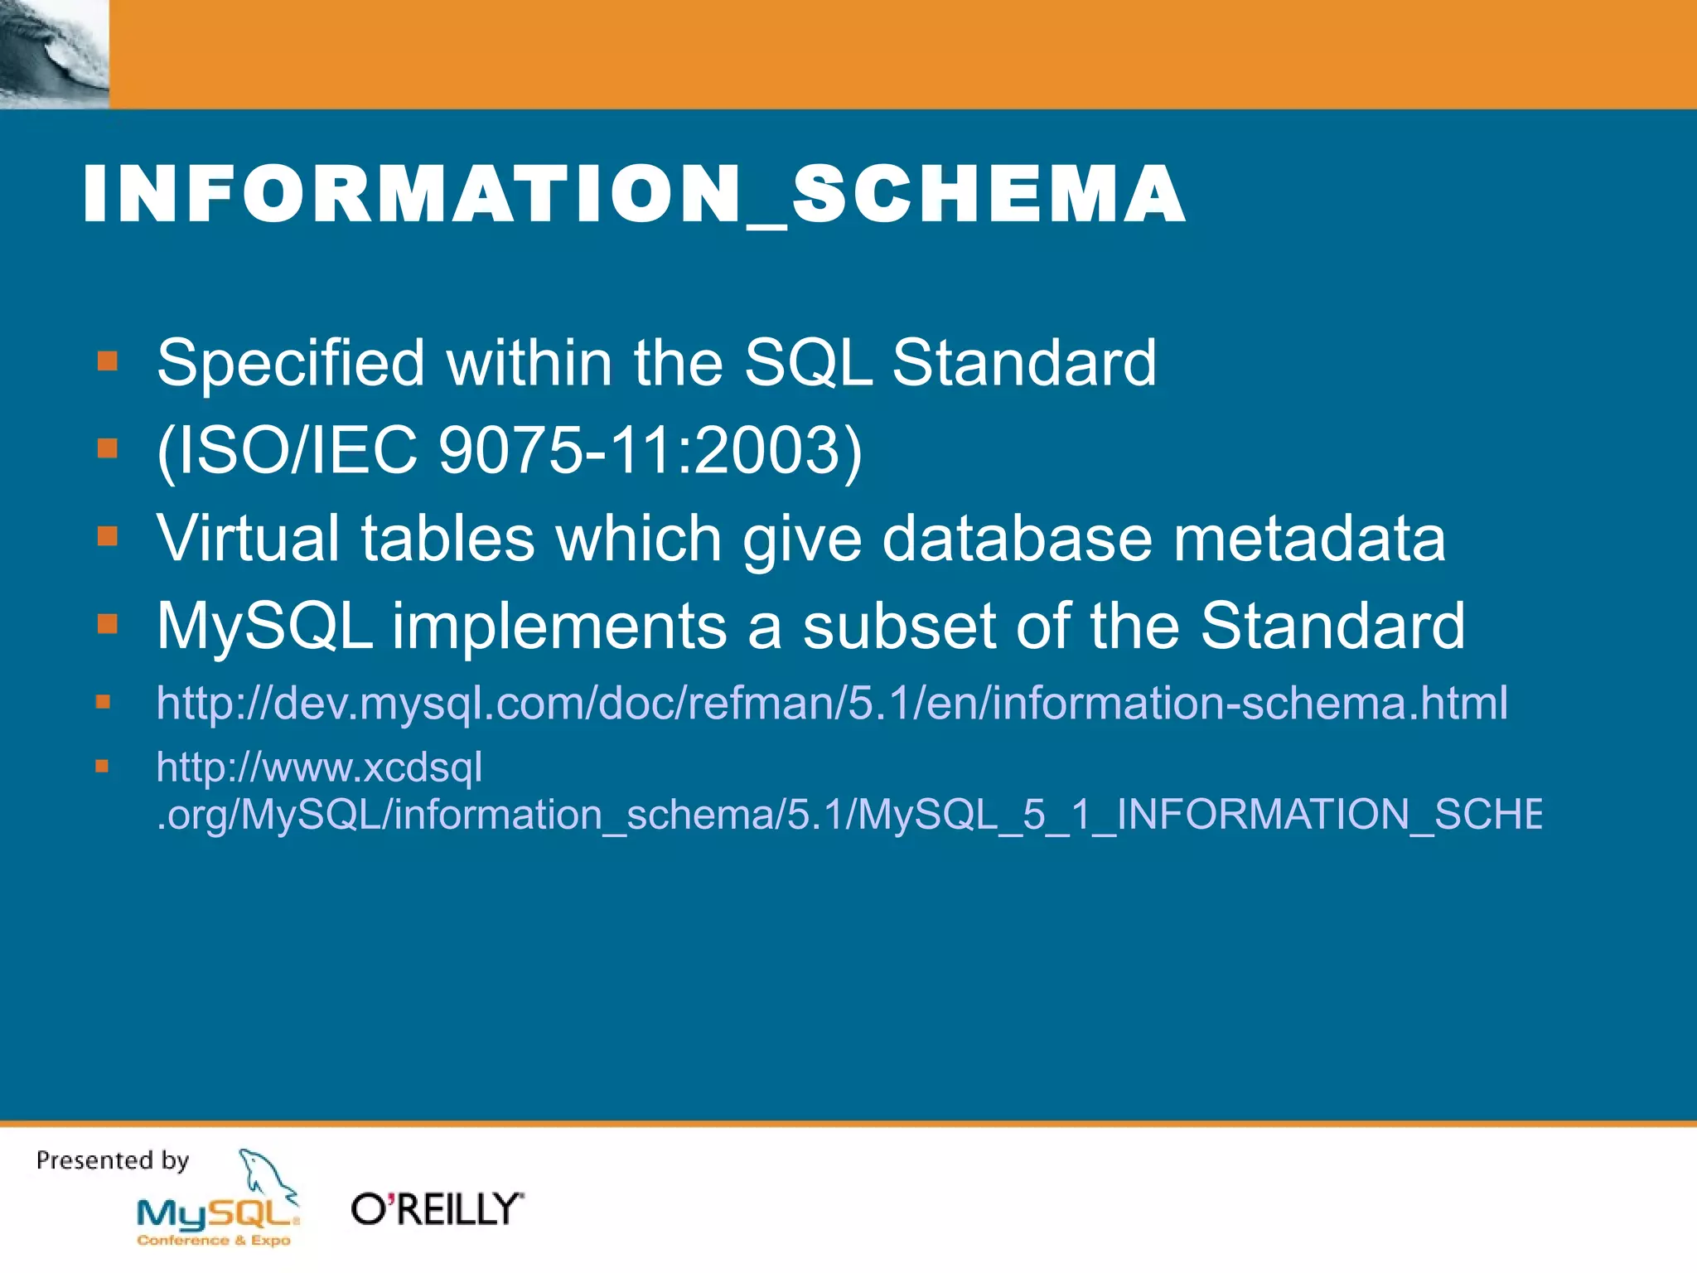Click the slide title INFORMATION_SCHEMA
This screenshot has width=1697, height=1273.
pyautogui.click(x=634, y=196)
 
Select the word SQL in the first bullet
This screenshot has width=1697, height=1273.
pyautogui.click(x=808, y=363)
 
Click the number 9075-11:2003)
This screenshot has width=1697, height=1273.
pyautogui.click(x=650, y=451)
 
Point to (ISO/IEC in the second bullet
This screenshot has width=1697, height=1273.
pyautogui.click(x=287, y=451)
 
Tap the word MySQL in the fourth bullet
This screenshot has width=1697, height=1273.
pyautogui.click(x=265, y=626)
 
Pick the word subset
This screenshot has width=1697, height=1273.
pyautogui.click(x=899, y=626)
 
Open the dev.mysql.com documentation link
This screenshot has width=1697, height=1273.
pyautogui.click(x=832, y=704)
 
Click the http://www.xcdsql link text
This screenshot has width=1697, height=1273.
pyautogui.click(x=320, y=767)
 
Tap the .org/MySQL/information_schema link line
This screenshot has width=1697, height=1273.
pyautogui.click(x=848, y=814)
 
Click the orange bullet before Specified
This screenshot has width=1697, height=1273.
pyautogui.click(x=107, y=361)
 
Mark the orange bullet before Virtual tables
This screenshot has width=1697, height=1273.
pyautogui.click(x=107, y=536)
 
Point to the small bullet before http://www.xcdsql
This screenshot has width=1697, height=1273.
pyautogui.click(x=102, y=766)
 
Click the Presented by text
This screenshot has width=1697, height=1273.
pyautogui.click(x=113, y=1160)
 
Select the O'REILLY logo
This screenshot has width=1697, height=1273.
pyautogui.click(x=437, y=1209)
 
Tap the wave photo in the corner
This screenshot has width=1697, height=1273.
pyautogui.click(x=54, y=54)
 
